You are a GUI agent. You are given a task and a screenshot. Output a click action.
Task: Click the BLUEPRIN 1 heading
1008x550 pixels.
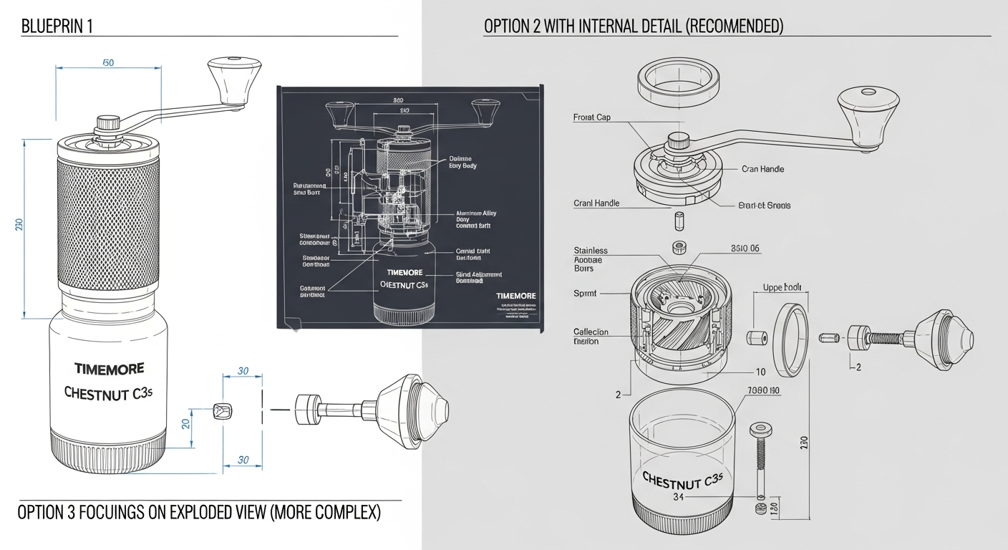click(x=57, y=27)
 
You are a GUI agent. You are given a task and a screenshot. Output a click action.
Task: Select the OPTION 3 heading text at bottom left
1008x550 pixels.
click(x=199, y=513)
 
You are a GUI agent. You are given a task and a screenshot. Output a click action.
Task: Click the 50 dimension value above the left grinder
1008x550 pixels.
click(x=108, y=63)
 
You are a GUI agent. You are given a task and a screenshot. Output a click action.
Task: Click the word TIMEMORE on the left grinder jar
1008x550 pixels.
click(x=109, y=368)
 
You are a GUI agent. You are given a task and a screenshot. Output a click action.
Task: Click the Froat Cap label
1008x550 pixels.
click(x=592, y=117)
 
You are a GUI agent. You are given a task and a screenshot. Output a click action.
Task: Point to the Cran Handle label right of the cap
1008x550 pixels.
click(x=762, y=169)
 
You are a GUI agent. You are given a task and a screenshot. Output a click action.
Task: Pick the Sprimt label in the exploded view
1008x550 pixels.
click(x=585, y=294)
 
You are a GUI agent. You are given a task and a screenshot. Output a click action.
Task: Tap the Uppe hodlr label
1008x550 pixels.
click(x=781, y=288)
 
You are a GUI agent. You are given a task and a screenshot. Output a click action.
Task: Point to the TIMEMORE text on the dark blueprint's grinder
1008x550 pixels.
click(x=404, y=273)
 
